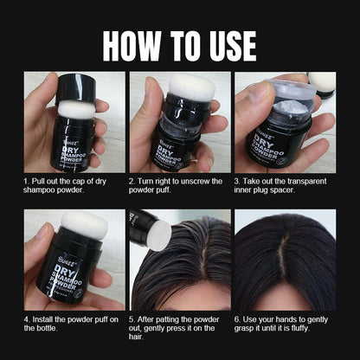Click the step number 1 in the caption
pyautogui.click(x=26, y=181)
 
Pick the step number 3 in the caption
pyautogui.click(x=237, y=181)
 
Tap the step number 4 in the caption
pyautogui.click(x=26, y=319)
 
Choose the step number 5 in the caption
pyautogui.click(x=132, y=319)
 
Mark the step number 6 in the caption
pyautogui.click(x=237, y=319)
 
